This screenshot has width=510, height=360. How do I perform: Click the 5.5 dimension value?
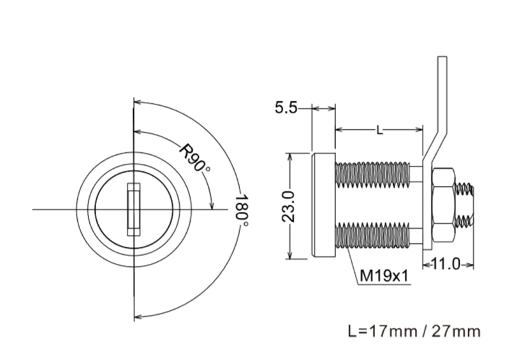286,107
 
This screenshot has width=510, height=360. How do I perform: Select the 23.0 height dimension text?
288,206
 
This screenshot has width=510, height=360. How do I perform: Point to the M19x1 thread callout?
384,276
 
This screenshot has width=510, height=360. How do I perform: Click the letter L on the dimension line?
379,131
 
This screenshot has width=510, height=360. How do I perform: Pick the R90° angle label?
195,158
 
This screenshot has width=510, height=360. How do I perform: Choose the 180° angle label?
242,211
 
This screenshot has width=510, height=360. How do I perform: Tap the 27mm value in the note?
456,331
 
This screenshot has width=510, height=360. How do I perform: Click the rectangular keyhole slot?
134,209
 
